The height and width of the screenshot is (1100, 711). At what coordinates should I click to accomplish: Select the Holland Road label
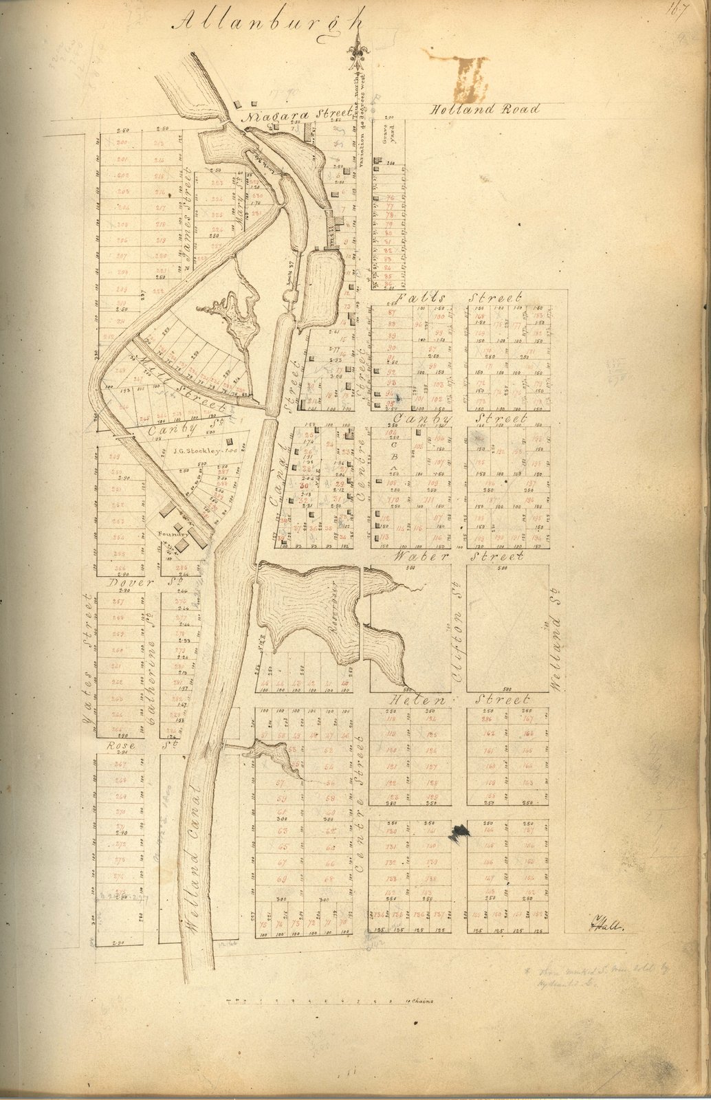point(485,109)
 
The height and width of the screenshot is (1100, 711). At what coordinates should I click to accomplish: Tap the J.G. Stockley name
point(200,452)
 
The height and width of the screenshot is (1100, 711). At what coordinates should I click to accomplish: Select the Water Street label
point(457,555)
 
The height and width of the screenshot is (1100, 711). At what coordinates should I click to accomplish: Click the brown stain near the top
point(471,78)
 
